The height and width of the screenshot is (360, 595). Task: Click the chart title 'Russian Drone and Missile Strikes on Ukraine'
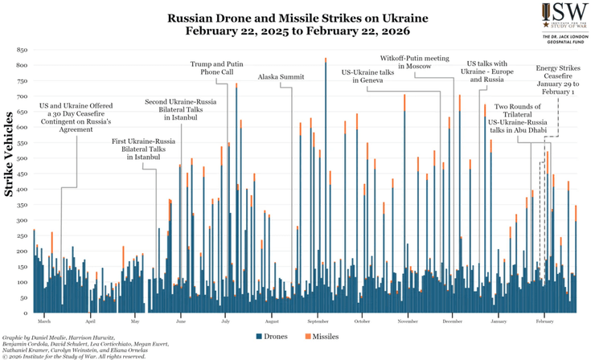pyautogui.click(x=298, y=17)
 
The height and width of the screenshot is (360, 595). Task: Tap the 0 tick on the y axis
pyautogui.click(x=26, y=313)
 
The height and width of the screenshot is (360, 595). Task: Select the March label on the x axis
pyautogui.click(x=44, y=321)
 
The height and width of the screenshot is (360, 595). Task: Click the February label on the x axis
pyautogui.click(x=544, y=321)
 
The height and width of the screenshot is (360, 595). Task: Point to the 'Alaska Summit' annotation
pyautogui.click(x=281, y=77)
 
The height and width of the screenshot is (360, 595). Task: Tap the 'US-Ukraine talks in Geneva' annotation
pyautogui.click(x=367, y=77)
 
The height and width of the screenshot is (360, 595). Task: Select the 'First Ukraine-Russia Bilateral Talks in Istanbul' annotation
pyautogui.click(x=146, y=149)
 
